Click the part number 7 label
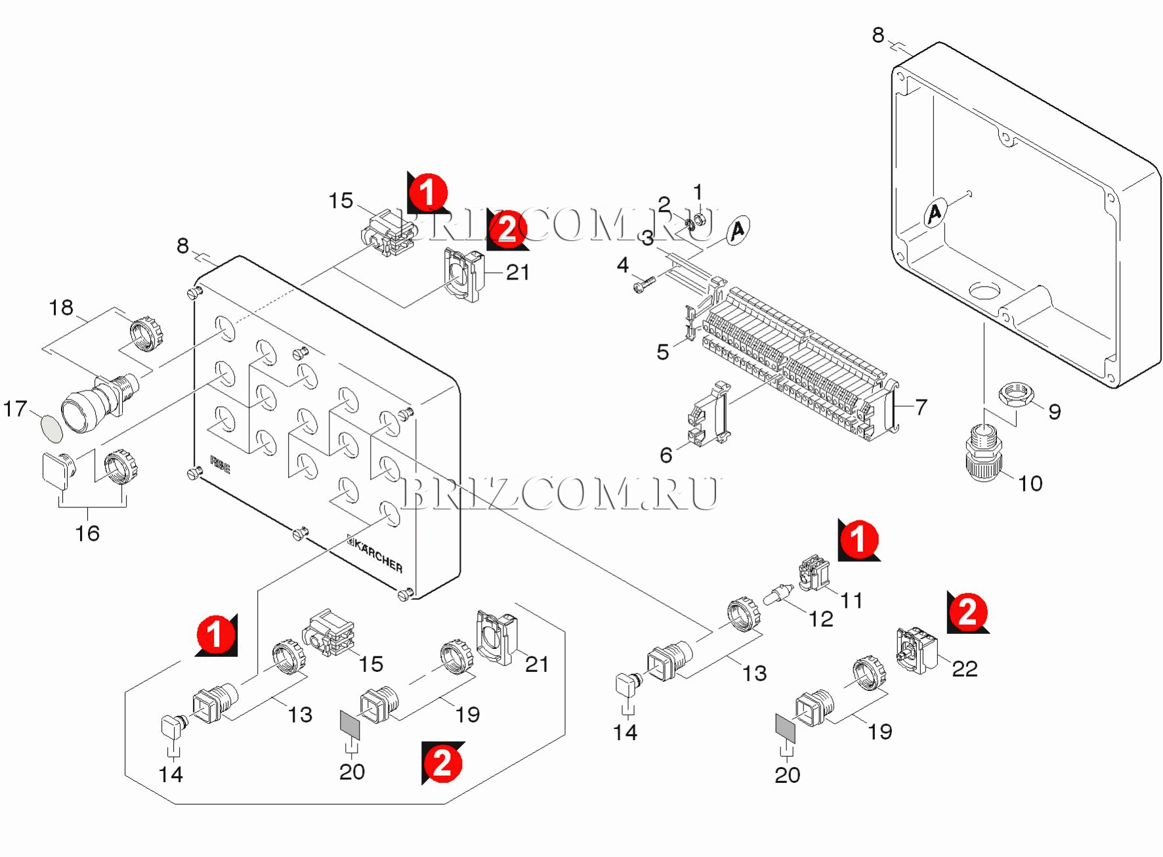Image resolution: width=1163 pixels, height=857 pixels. pos(921,407)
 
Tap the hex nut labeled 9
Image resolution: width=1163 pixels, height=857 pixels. pos(1015,396)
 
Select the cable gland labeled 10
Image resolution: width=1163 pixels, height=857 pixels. pos(984,453)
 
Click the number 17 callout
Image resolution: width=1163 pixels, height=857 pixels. pos(14,409)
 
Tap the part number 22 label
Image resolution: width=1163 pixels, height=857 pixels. pos(964,669)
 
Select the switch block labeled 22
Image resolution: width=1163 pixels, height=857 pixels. pos(916,650)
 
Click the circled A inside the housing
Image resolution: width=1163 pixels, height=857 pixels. pos(935,213)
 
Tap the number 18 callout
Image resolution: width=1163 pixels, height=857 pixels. pos(61,308)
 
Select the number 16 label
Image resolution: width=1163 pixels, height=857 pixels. pos(87,533)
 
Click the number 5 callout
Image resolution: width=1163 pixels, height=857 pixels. pos(663,352)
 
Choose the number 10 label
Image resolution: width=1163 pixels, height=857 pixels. pos(1030,484)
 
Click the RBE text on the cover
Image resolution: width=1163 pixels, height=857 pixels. pos(221,465)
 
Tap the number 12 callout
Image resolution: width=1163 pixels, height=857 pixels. pos(820,619)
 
